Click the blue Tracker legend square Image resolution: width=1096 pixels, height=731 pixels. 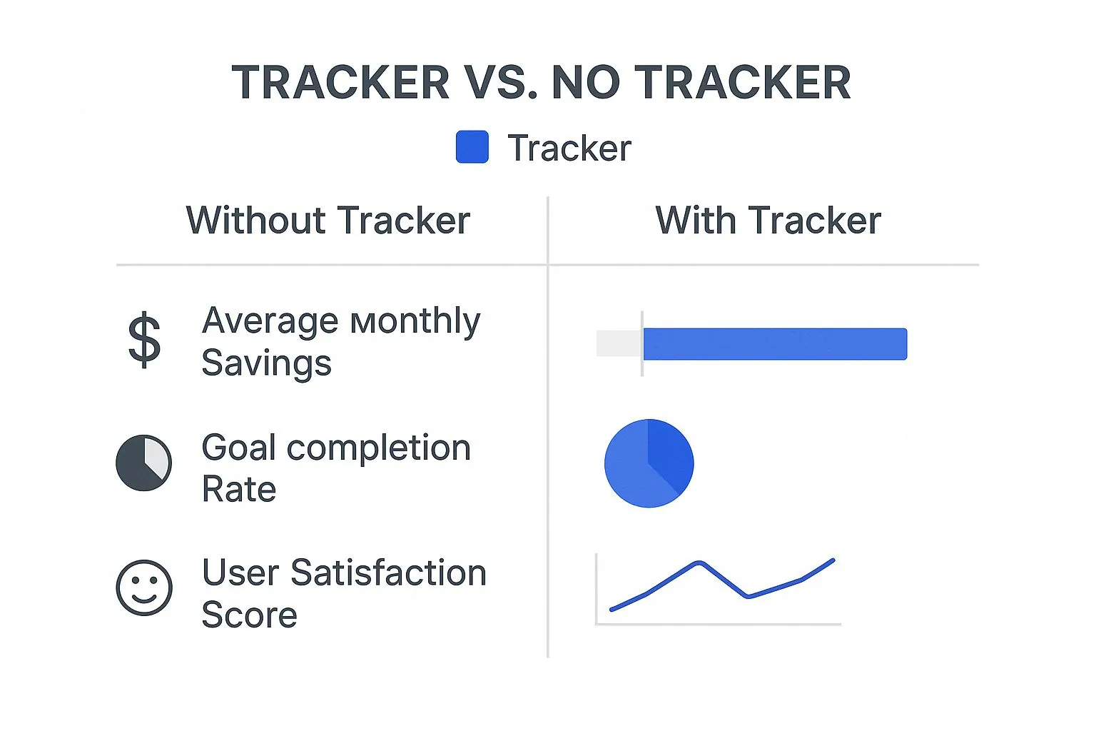pyautogui.click(x=472, y=147)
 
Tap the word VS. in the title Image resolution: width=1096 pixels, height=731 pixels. pyautogui.click(x=497, y=82)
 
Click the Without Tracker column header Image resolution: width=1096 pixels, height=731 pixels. pyautogui.click(x=328, y=221)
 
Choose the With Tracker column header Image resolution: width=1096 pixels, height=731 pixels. pyautogui.click(x=768, y=221)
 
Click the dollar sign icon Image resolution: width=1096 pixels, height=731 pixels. pyautogui.click(x=144, y=340)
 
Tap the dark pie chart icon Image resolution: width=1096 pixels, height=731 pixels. pyautogui.click(x=144, y=463)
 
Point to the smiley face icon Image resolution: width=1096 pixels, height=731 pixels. pyautogui.click(x=144, y=588)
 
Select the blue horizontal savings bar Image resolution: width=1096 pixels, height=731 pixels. pyautogui.click(x=775, y=343)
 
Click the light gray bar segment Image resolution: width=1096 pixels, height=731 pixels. pyautogui.click(x=619, y=343)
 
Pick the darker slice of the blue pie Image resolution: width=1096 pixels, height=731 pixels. pyautogui.click(x=669, y=453)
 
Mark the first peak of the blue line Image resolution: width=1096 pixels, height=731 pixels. pyautogui.click(x=700, y=563)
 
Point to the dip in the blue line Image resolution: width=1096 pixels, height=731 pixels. pyautogui.click(x=748, y=596)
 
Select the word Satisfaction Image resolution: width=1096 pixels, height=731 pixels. pyautogui.click(x=388, y=573)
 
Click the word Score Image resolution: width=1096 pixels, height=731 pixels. pyautogui.click(x=250, y=615)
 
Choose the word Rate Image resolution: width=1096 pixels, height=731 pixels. pyautogui.click(x=239, y=490)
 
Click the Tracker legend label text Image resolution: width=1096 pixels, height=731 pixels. pyautogui.click(x=569, y=148)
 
